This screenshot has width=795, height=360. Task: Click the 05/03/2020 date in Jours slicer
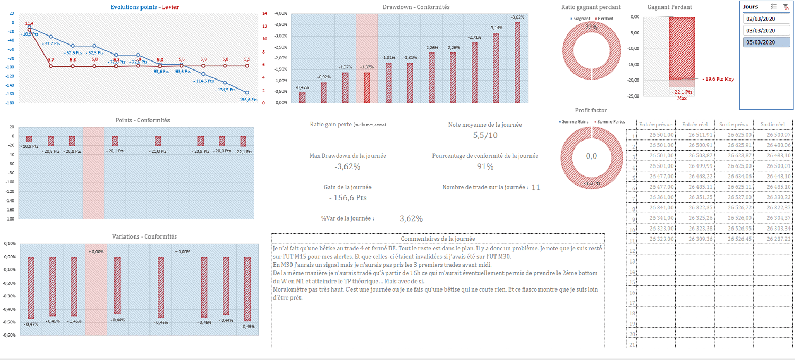coord(761,42)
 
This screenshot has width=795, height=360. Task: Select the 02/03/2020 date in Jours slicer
coord(761,19)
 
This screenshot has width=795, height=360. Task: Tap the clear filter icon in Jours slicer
coord(785,7)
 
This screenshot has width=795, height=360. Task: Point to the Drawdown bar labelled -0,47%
coord(302,98)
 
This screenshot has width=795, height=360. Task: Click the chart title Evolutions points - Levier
coord(148,7)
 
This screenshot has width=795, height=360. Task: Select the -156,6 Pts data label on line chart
coord(247,99)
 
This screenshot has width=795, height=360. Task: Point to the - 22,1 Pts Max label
coord(682,94)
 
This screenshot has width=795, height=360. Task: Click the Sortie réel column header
coord(773,125)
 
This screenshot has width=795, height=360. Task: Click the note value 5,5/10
coord(485,135)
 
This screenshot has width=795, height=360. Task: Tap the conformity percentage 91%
coord(485,166)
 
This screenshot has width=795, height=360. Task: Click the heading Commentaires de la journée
coord(438,239)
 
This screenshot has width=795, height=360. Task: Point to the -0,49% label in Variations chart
coord(247,326)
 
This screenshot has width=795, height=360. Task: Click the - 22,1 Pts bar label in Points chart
coord(243,151)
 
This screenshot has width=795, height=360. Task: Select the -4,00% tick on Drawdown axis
coord(280,13)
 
